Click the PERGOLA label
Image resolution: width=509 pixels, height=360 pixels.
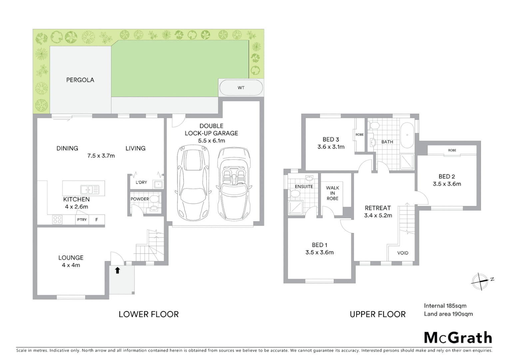click(x=80, y=80)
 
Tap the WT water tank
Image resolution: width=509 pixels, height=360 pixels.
click(x=241, y=88)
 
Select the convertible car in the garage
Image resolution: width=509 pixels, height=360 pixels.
click(x=234, y=184)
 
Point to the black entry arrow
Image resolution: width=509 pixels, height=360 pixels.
click(x=117, y=270)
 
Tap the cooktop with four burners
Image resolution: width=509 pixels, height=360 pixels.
click(x=57, y=220)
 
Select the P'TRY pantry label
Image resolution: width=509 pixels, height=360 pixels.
click(x=82, y=220)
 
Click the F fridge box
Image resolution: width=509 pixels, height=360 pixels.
click(x=97, y=220)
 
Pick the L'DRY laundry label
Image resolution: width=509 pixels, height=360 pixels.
click(x=141, y=182)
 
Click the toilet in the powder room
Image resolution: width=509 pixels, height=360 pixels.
click(x=154, y=199)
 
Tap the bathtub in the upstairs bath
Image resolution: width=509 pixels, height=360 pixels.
click(x=407, y=135)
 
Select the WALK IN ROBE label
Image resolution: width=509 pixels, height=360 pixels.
click(x=332, y=193)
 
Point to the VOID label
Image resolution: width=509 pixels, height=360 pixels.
click(x=403, y=253)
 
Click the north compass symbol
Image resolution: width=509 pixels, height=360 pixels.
click(x=480, y=281)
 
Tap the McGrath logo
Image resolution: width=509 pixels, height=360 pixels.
click(x=458, y=338)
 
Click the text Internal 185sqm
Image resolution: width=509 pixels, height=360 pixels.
click(x=445, y=306)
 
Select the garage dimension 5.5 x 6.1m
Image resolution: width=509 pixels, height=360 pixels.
click(x=212, y=141)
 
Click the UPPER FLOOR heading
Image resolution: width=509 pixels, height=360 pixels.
click(x=377, y=314)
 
